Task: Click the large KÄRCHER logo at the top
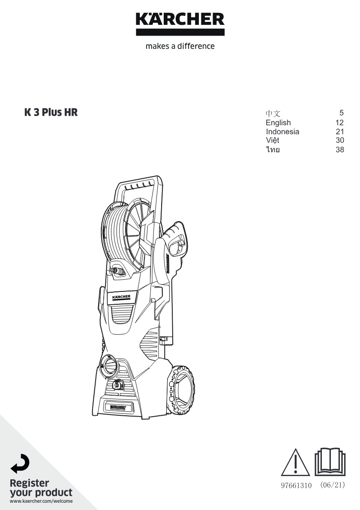(180, 24)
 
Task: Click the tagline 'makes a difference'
(180, 46)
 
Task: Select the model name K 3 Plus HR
(51, 112)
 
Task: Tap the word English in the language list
(278, 123)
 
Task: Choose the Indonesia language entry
(282, 132)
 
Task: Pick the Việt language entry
(273, 140)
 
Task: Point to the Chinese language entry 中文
(273, 113)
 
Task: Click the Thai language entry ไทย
(273, 150)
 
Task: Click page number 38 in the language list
(340, 150)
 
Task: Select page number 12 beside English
(340, 123)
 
